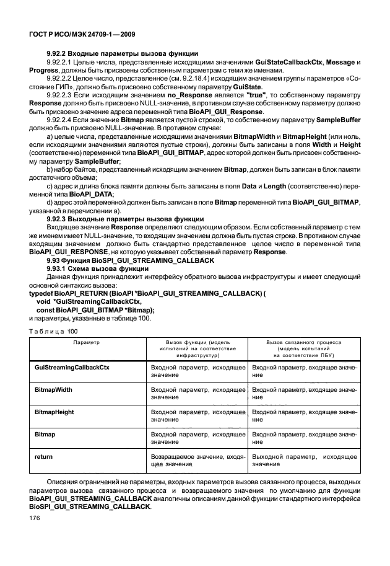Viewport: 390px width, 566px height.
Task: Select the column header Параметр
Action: point(86,342)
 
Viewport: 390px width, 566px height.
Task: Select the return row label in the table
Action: point(43,456)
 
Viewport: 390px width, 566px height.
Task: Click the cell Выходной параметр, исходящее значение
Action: point(304,459)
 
